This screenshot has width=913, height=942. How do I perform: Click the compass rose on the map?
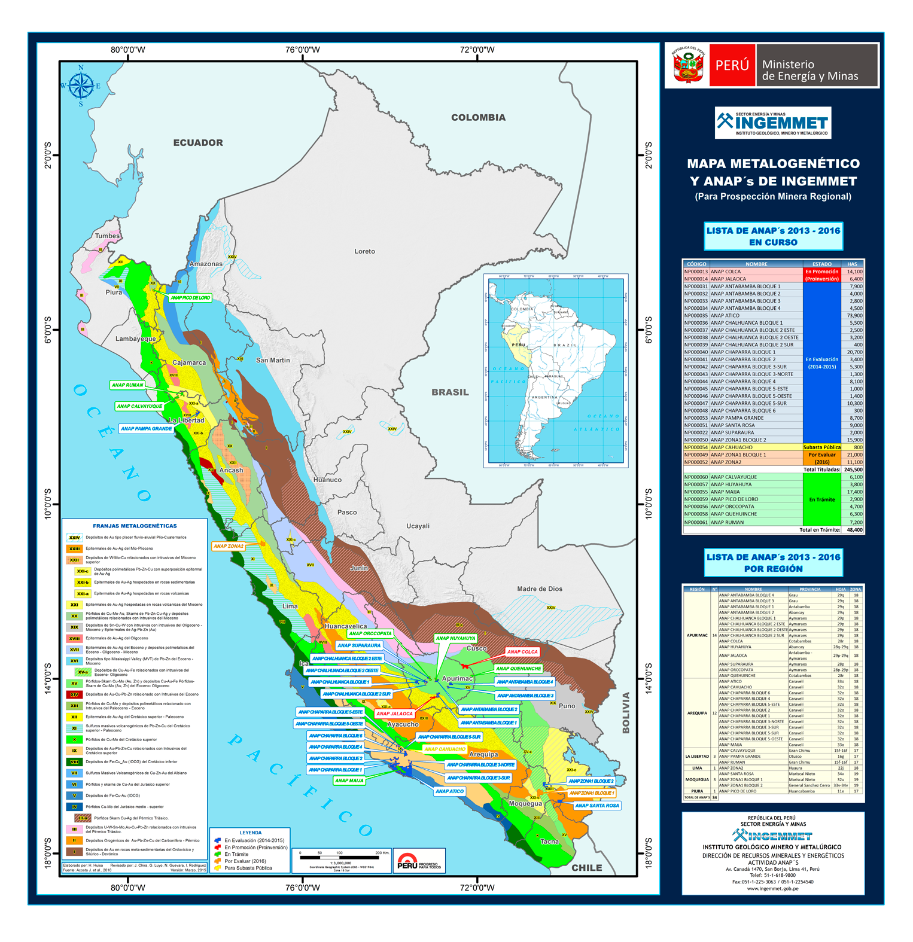click(x=81, y=86)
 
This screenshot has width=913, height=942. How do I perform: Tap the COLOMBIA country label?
click(x=478, y=117)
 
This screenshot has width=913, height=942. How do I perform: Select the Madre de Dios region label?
click(x=539, y=589)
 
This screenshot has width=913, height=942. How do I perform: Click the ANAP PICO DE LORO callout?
click(x=190, y=297)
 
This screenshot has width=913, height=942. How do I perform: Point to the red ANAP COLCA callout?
click(x=522, y=651)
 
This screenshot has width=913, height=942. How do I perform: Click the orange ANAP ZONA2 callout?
click(x=229, y=545)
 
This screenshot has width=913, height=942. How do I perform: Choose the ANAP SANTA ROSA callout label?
click(x=597, y=805)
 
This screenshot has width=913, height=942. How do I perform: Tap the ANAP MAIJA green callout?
click(x=349, y=780)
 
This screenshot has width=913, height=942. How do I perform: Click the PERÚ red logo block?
click(x=732, y=65)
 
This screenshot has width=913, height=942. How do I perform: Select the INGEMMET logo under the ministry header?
click(x=772, y=123)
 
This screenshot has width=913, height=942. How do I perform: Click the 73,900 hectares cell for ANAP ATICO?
click(x=854, y=315)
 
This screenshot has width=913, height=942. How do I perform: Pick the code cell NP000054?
click(x=695, y=447)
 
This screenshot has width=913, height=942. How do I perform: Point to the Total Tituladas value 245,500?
click(x=853, y=470)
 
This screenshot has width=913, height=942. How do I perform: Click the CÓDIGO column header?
click(x=696, y=264)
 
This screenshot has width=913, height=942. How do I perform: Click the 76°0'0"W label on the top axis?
click(x=302, y=50)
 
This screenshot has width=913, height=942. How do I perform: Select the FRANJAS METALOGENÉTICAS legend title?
click(x=135, y=526)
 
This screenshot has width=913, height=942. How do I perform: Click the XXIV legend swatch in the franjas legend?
click(x=74, y=537)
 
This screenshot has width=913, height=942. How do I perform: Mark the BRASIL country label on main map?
click(x=450, y=392)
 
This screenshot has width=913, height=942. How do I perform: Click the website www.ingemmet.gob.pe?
click(x=772, y=888)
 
